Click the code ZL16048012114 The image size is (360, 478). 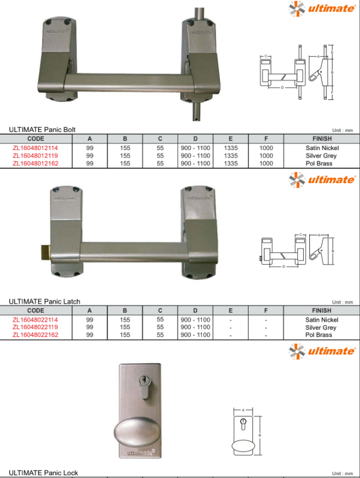click(x=35, y=148)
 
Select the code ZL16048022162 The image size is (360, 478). click(x=35, y=335)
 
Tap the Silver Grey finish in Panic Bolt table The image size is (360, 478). click(x=321, y=156)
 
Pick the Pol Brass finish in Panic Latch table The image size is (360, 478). click(x=318, y=335)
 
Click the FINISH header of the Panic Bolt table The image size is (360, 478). click(x=322, y=139)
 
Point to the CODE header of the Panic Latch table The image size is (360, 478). click(x=36, y=310)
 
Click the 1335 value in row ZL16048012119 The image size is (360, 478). click(x=231, y=156)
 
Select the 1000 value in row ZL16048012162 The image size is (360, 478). click(x=266, y=163)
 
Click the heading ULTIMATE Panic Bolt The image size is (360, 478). click(x=42, y=130)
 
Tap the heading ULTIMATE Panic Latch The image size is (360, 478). click(x=44, y=301)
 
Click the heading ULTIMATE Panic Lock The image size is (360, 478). click(x=43, y=473)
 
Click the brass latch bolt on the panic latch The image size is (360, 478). click(x=45, y=252)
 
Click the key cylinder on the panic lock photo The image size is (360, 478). click(x=144, y=387)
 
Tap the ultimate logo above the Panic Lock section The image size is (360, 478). click(x=322, y=351)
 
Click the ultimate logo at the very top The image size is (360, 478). click(x=322, y=8)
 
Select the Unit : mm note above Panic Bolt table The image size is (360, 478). click(x=342, y=130)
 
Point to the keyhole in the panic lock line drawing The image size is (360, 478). click(x=243, y=424)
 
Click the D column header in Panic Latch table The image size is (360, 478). click(x=195, y=310)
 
